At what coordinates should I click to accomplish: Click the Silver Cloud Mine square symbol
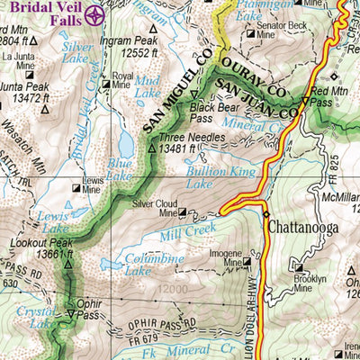(184, 212)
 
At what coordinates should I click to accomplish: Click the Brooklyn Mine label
(310, 284)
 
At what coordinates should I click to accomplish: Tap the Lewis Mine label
(92, 184)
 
